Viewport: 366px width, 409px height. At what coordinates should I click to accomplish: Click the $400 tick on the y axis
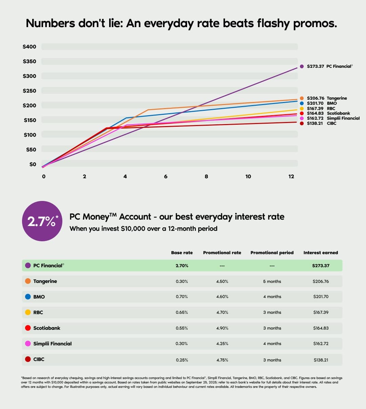pyautogui.click(x=29, y=47)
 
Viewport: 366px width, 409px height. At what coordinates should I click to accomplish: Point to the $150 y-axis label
pyautogui.click(x=30, y=120)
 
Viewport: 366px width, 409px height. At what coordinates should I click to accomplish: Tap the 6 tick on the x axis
pyautogui.click(x=166, y=177)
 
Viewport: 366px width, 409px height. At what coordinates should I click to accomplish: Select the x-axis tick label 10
pyautogui.click(x=248, y=177)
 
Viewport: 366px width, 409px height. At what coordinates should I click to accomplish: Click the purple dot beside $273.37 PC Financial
pyautogui.click(x=302, y=66)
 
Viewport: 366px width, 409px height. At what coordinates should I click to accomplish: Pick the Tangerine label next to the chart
pyautogui.click(x=337, y=98)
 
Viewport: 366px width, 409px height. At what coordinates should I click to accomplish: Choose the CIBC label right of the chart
pyautogui.click(x=331, y=123)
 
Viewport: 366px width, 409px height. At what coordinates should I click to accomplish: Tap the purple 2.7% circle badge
pyautogui.click(x=42, y=221)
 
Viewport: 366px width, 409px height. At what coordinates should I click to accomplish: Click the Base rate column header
pyautogui.click(x=182, y=253)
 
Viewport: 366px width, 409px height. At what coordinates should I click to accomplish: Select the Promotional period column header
pyautogui.click(x=272, y=253)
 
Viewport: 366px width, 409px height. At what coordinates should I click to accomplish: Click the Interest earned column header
pyautogui.click(x=321, y=253)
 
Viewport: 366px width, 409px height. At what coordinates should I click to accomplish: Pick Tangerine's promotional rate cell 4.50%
pyautogui.click(x=222, y=282)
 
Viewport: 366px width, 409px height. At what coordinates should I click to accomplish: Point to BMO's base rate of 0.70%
pyautogui.click(x=182, y=297)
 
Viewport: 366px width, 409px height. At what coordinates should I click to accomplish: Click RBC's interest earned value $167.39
pyautogui.click(x=321, y=312)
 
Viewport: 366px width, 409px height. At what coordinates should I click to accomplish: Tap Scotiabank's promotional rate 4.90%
pyautogui.click(x=222, y=328)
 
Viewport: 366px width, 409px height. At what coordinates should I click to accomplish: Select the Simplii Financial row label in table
pyautogui.click(x=52, y=344)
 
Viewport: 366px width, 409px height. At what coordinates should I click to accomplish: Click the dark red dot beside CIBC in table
pyautogui.click(x=28, y=359)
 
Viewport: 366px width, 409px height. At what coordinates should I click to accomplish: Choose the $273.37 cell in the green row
pyautogui.click(x=321, y=266)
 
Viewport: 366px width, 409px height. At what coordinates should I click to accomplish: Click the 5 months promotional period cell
pyautogui.click(x=272, y=282)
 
